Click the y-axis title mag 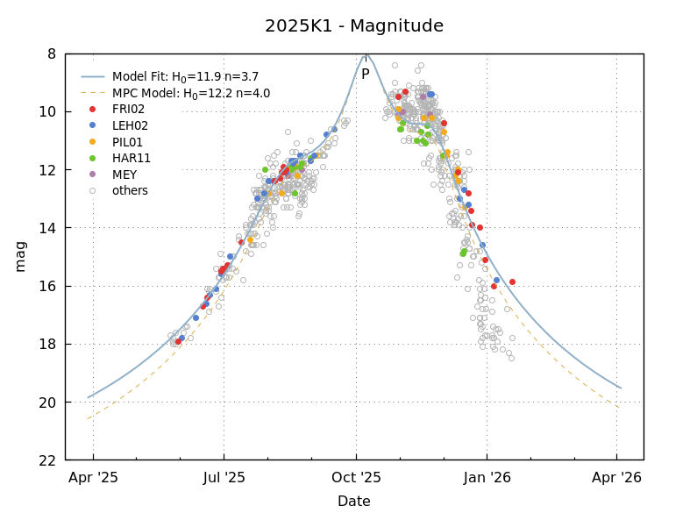point(21,256)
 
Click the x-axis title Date point(353,502)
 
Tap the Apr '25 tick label point(93,478)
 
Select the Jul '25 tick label point(224,478)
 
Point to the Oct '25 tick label point(356,478)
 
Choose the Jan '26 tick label point(487,478)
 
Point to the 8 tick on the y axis point(51,53)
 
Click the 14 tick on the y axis point(47,228)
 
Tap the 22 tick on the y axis point(47,460)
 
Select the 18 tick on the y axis point(47,344)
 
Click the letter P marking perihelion point(365,75)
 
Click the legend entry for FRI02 point(128,110)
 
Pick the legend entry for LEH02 point(129,125)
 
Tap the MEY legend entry point(124,175)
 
